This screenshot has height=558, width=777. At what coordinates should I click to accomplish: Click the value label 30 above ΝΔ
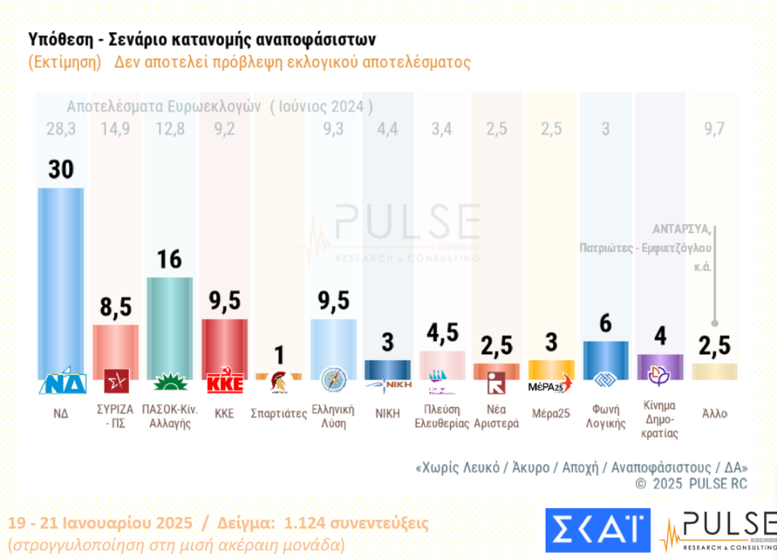point(61,169)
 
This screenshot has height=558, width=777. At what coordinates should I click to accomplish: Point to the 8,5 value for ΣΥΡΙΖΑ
point(115,307)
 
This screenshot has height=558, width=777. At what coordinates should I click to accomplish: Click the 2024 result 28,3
point(61,129)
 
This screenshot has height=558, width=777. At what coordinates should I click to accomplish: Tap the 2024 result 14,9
point(115,129)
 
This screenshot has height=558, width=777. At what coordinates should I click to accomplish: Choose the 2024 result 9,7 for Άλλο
point(714,129)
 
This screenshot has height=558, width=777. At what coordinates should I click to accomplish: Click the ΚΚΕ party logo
point(225,383)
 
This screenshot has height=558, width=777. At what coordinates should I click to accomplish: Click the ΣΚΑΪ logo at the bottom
point(597,530)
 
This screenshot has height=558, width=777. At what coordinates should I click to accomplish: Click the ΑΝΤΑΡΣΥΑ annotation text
point(681,229)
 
